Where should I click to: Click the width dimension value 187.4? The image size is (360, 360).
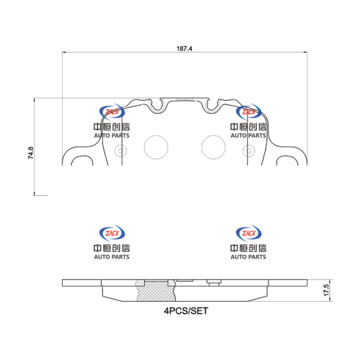[x=184, y=49]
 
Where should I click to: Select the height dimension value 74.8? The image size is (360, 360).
[x=31, y=153]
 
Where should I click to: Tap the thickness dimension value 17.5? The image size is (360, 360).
[x=326, y=290]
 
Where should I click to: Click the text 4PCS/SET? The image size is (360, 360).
[x=186, y=311]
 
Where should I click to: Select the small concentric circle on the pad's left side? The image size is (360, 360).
[x=121, y=151]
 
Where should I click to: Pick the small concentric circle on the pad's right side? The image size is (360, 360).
[x=249, y=151]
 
